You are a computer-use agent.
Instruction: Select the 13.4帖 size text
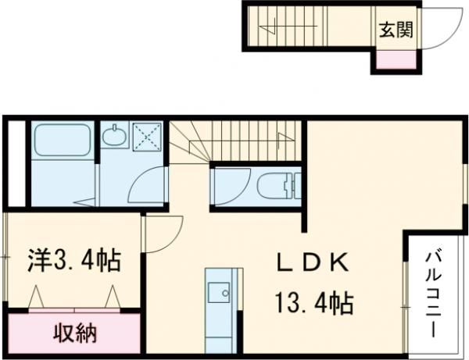pyautogui.click(x=312, y=300)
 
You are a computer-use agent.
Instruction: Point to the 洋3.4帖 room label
pyautogui.click(x=76, y=259)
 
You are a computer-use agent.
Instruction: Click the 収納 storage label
pyautogui.click(x=75, y=334)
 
